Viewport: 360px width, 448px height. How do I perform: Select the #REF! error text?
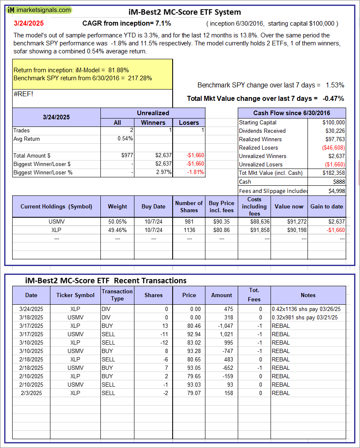coord(23,94)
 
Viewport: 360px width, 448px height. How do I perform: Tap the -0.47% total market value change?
coord(333,99)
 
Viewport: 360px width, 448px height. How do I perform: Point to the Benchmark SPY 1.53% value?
coord(335,85)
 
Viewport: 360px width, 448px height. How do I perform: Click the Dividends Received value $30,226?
coord(334,131)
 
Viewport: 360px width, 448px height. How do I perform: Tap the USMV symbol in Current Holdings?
coord(57,221)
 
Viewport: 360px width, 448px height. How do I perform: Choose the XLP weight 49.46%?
coord(117,230)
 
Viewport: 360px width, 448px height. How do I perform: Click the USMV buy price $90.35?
coord(221,221)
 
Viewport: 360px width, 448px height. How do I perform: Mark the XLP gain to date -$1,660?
coord(334,230)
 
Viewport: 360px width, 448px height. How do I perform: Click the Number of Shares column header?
coord(189,206)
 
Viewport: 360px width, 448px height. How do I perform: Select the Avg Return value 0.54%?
coord(125,139)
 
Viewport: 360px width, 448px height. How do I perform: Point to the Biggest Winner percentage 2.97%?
coord(163,172)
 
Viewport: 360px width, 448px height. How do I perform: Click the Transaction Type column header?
coord(117,295)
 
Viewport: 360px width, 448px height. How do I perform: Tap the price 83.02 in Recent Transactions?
coord(189,343)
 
